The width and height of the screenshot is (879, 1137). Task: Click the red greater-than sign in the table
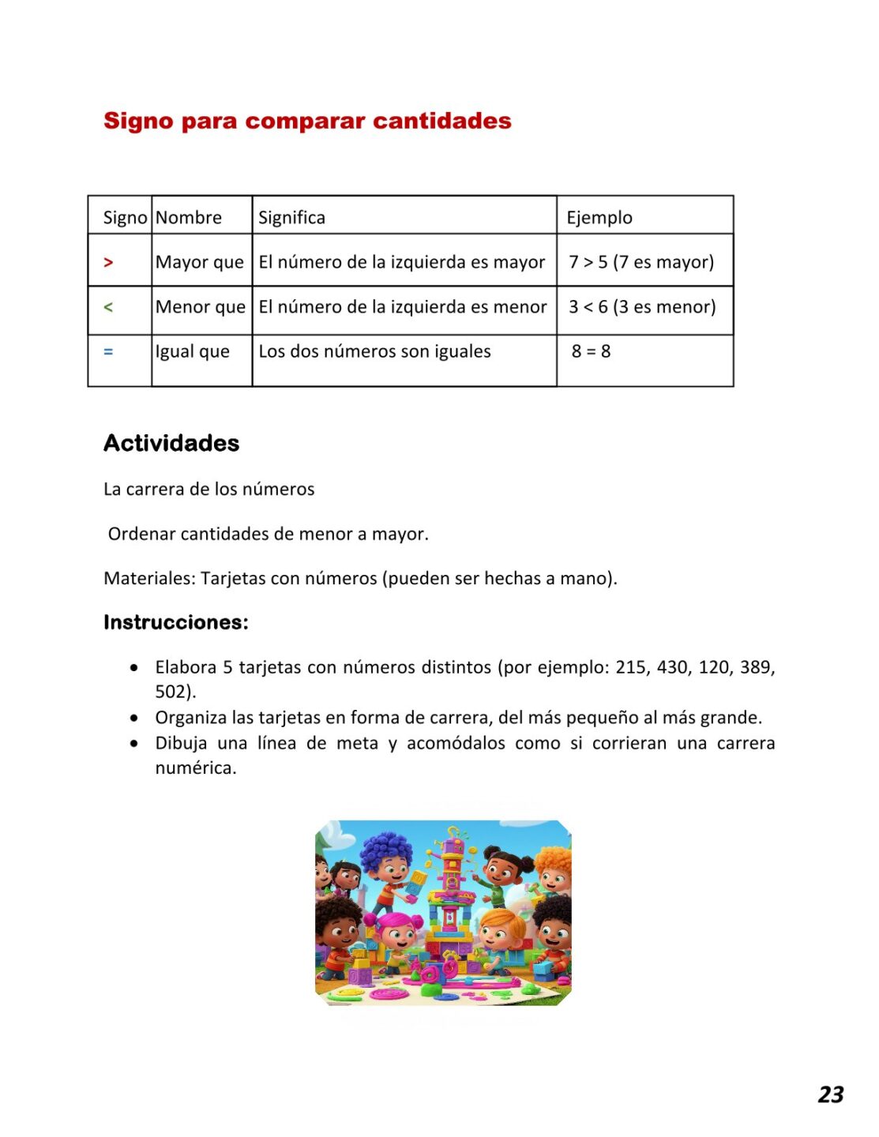[108, 262]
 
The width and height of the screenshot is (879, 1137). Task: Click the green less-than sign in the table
[108, 307]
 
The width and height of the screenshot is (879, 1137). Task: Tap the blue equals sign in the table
[108, 352]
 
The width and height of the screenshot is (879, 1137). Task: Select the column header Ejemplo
[599, 217]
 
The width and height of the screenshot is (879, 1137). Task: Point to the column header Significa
[291, 217]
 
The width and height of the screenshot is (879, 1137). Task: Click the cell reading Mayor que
[200, 262]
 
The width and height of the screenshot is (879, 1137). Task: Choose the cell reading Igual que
[193, 351]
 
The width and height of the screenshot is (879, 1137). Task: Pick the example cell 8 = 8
[591, 351]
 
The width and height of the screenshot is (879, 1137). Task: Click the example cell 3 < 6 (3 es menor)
[642, 306]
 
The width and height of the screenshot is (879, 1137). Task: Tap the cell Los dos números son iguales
[374, 351]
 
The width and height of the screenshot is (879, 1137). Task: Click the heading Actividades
[171, 443]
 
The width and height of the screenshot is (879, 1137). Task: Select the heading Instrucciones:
[175, 622]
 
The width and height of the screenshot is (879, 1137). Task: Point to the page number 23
[831, 1094]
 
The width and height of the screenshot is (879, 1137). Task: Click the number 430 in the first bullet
[672, 667]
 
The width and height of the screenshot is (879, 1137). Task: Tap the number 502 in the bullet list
[170, 692]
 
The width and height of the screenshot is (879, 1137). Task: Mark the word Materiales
[148, 578]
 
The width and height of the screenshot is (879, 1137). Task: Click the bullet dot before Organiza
[135, 718]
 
